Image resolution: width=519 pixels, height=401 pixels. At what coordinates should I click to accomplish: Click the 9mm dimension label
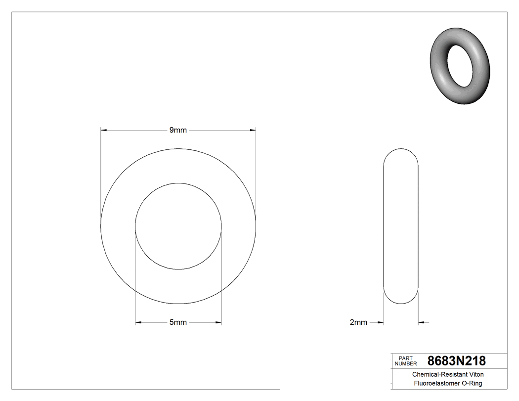[178, 130]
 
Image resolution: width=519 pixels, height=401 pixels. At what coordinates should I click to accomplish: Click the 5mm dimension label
[178, 322]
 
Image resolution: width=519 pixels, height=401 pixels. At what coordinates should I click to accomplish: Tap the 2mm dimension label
[358, 322]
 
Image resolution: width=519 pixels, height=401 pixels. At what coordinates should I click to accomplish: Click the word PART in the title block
[405, 358]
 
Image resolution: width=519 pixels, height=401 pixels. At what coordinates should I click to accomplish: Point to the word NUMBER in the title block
[406, 363]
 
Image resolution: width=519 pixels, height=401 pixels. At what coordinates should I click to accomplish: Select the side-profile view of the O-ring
[401, 225]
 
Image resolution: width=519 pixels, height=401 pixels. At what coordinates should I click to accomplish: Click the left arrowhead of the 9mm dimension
[104, 130]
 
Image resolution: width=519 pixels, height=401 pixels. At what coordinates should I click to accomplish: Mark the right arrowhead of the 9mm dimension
[253, 130]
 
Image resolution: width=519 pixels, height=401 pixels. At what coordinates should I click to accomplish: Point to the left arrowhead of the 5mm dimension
[138, 322]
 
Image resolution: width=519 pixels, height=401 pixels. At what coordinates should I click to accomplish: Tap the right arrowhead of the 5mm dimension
[218, 322]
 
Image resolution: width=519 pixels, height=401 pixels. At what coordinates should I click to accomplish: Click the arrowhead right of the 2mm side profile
[421, 322]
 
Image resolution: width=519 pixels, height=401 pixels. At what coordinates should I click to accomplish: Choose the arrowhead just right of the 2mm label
[381, 322]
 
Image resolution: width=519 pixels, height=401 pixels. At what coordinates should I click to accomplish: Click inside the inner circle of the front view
[178, 226]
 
